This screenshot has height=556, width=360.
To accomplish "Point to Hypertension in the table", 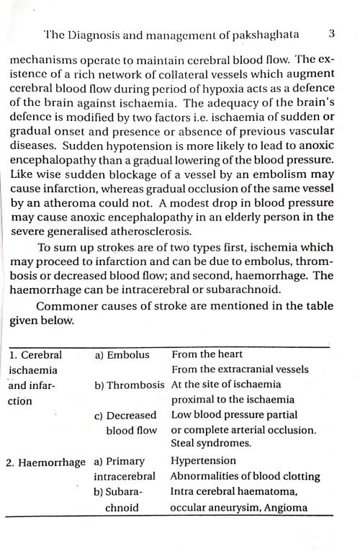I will coord(203,461).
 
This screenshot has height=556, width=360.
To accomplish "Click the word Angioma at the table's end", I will coord(286,507).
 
